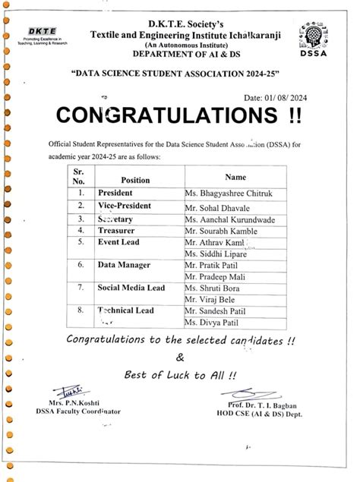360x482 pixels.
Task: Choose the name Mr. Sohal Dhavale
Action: pyautogui.click(x=219, y=206)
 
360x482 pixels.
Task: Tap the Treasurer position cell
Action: pyautogui.click(x=118, y=229)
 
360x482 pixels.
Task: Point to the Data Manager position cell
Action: pyautogui.click(x=125, y=265)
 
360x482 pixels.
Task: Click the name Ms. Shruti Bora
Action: pyautogui.click(x=216, y=288)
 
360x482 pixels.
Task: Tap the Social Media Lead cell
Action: pyautogui.click(x=131, y=288)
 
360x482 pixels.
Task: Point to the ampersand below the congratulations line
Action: pyautogui.click(x=179, y=357)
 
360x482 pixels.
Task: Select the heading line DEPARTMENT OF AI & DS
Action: pyautogui.click(x=180, y=54)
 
